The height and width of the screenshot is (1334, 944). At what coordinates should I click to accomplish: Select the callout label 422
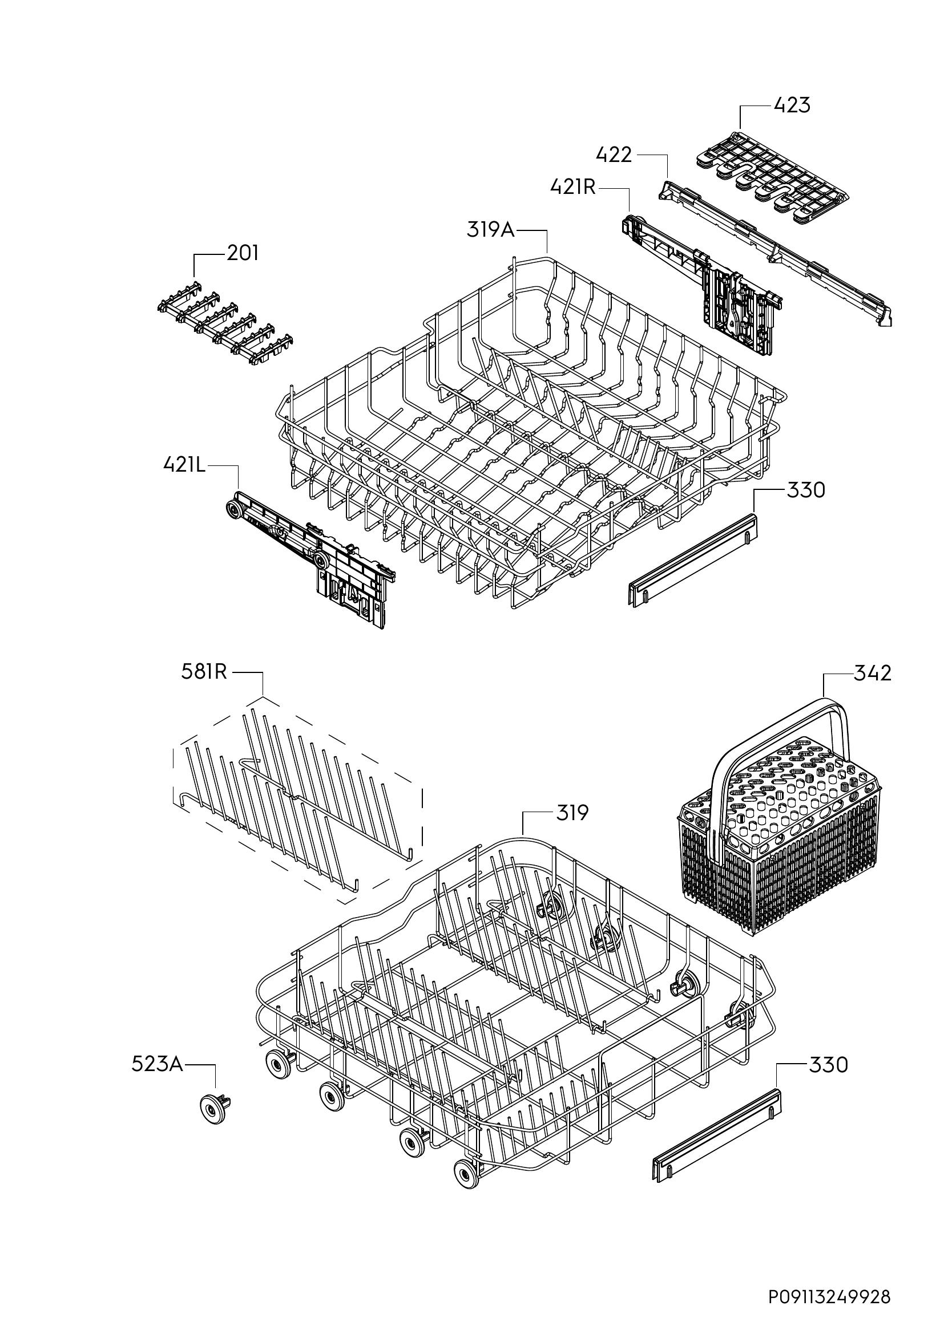[x=614, y=155]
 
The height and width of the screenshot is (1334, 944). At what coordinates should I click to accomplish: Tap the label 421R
[x=574, y=188]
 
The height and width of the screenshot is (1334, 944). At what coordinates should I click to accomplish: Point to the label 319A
[x=491, y=230]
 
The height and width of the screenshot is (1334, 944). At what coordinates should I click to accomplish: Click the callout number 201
[x=243, y=253]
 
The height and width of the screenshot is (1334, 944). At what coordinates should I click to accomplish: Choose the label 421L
[x=185, y=465]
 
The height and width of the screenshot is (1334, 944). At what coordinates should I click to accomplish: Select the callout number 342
[x=873, y=674]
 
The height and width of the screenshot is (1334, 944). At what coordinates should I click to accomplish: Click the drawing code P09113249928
[x=829, y=1298]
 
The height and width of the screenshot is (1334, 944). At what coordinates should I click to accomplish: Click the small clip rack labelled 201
[x=225, y=323]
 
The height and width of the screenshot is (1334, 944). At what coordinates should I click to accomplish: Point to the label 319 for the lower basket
[x=572, y=813]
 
